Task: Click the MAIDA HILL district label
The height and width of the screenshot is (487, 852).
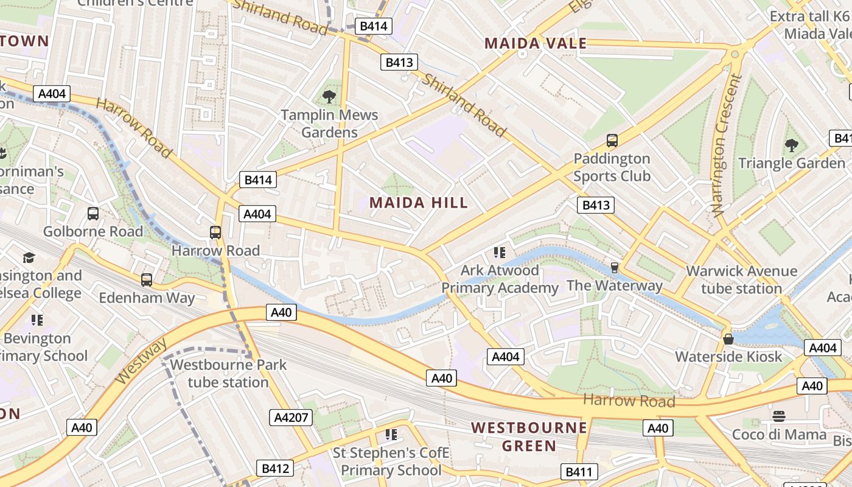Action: click(419, 203)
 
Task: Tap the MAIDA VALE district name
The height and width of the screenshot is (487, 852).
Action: click(536, 43)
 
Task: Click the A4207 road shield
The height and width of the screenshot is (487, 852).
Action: click(291, 417)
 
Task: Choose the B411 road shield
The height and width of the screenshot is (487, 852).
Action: click(579, 472)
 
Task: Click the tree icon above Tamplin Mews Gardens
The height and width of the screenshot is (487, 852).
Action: click(329, 96)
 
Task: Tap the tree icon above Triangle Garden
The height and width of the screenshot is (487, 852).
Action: click(791, 145)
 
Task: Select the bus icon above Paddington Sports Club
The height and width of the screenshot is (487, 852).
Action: click(612, 141)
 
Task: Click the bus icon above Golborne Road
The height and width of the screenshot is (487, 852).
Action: click(93, 214)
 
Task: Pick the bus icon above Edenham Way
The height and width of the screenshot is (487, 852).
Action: click(147, 280)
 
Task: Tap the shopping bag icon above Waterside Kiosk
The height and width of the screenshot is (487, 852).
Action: click(728, 339)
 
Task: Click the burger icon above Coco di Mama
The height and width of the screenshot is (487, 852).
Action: click(779, 416)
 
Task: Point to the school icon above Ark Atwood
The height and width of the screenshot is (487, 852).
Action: click(500, 253)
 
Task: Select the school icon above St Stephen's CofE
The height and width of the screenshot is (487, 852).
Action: click(391, 435)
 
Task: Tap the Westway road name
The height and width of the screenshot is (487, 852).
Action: click(141, 362)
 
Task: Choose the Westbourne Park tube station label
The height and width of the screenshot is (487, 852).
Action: click(228, 373)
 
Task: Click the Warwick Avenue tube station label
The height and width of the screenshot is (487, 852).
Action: click(741, 279)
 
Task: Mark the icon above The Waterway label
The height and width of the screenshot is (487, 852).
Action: click(615, 267)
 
